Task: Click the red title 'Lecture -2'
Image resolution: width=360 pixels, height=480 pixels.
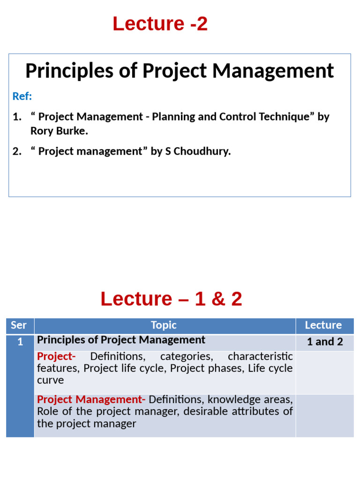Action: (x=160, y=24)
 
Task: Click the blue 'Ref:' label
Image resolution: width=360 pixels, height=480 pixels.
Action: (x=22, y=97)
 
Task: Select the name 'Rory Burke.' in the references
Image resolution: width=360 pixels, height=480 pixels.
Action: (x=59, y=131)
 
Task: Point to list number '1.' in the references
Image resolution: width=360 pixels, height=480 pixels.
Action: (x=17, y=117)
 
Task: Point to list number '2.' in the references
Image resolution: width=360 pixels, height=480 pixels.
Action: (x=17, y=151)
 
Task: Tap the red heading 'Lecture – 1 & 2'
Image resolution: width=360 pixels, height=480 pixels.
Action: (x=171, y=299)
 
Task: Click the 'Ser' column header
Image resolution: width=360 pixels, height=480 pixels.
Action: (x=20, y=325)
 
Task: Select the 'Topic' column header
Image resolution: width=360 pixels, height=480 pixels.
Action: (x=164, y=325)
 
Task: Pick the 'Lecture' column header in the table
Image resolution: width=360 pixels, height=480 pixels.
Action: (x=323, y=325)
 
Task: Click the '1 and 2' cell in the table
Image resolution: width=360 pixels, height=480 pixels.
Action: (x=325, y=342)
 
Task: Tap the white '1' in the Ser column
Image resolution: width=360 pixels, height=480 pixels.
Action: (x=20, y=342)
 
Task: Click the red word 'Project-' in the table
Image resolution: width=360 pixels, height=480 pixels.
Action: (x=56, y=357)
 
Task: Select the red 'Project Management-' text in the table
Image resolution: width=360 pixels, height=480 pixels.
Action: (x=91, y=400)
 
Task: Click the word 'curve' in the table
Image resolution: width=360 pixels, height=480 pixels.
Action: (x=51, y=380)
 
